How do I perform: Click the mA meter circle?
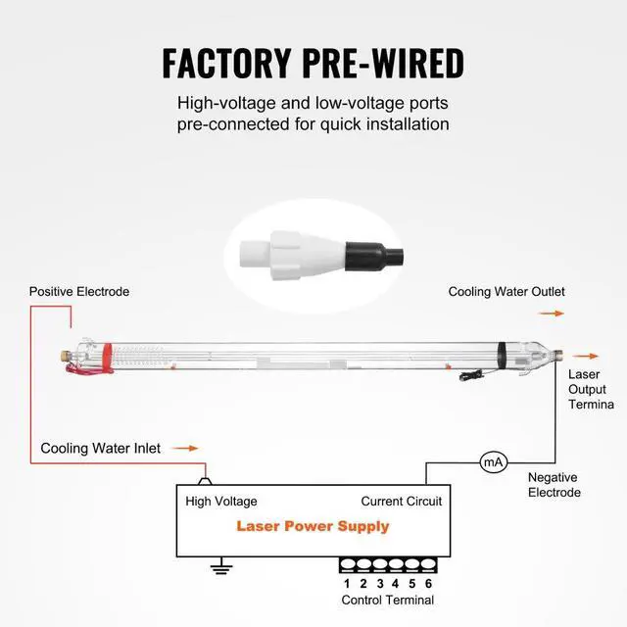[x=493, y=462]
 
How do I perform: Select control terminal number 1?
[x=347, y=584]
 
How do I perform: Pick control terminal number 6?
[x=429, y=584]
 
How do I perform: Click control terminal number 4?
[x=396, y=584]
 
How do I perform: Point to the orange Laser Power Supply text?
[x=313, y=526]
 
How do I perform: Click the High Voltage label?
[x=221, y=502]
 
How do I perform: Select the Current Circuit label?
[x=401, y=501]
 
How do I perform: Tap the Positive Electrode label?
[x=79, y=292]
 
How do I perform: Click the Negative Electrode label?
[x=555, y=485]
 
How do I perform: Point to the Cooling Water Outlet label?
[x=506, y=292]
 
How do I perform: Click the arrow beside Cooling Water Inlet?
[x=185, y=449]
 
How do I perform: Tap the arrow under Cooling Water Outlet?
[x=552, y=313]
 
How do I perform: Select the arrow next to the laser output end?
[x=586, y=356]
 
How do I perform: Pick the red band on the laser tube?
[x=107, y=358]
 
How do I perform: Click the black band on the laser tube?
[x=502, y=356]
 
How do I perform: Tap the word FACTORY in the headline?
[x=226, y=63]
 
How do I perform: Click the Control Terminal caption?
[x=388, y=600]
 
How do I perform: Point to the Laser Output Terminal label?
[x=591, y=390]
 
